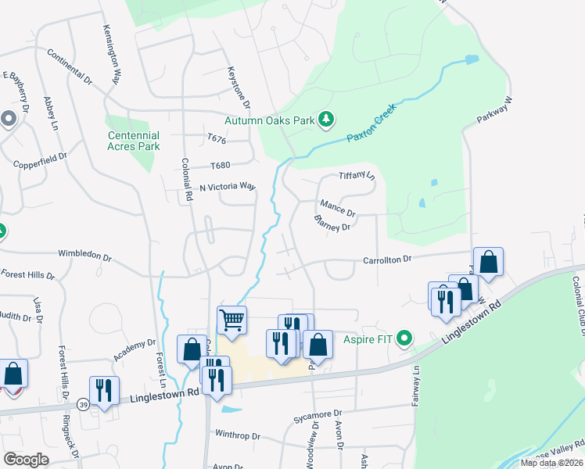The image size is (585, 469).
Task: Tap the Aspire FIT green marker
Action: pos(404,338)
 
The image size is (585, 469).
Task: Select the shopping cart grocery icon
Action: pos(231,320)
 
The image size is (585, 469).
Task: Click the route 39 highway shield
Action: pos(83,404)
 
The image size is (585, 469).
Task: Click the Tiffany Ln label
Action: pos(357,175)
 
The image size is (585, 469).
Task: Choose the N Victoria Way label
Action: pos(228,187)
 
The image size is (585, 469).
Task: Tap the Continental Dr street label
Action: pos(70,67)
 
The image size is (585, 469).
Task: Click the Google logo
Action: pos(26,459)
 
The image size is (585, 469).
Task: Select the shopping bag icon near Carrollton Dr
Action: pos(488,262)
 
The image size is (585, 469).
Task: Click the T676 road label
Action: pos(217,139)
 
